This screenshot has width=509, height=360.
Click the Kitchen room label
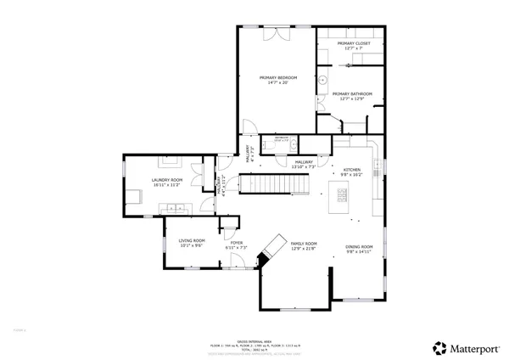[352, 170]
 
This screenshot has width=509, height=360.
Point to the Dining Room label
[358, 248]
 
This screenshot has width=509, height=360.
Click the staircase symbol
[262, 183]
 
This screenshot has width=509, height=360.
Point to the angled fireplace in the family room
[272, 247]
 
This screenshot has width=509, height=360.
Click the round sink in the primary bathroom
[323, 81]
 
